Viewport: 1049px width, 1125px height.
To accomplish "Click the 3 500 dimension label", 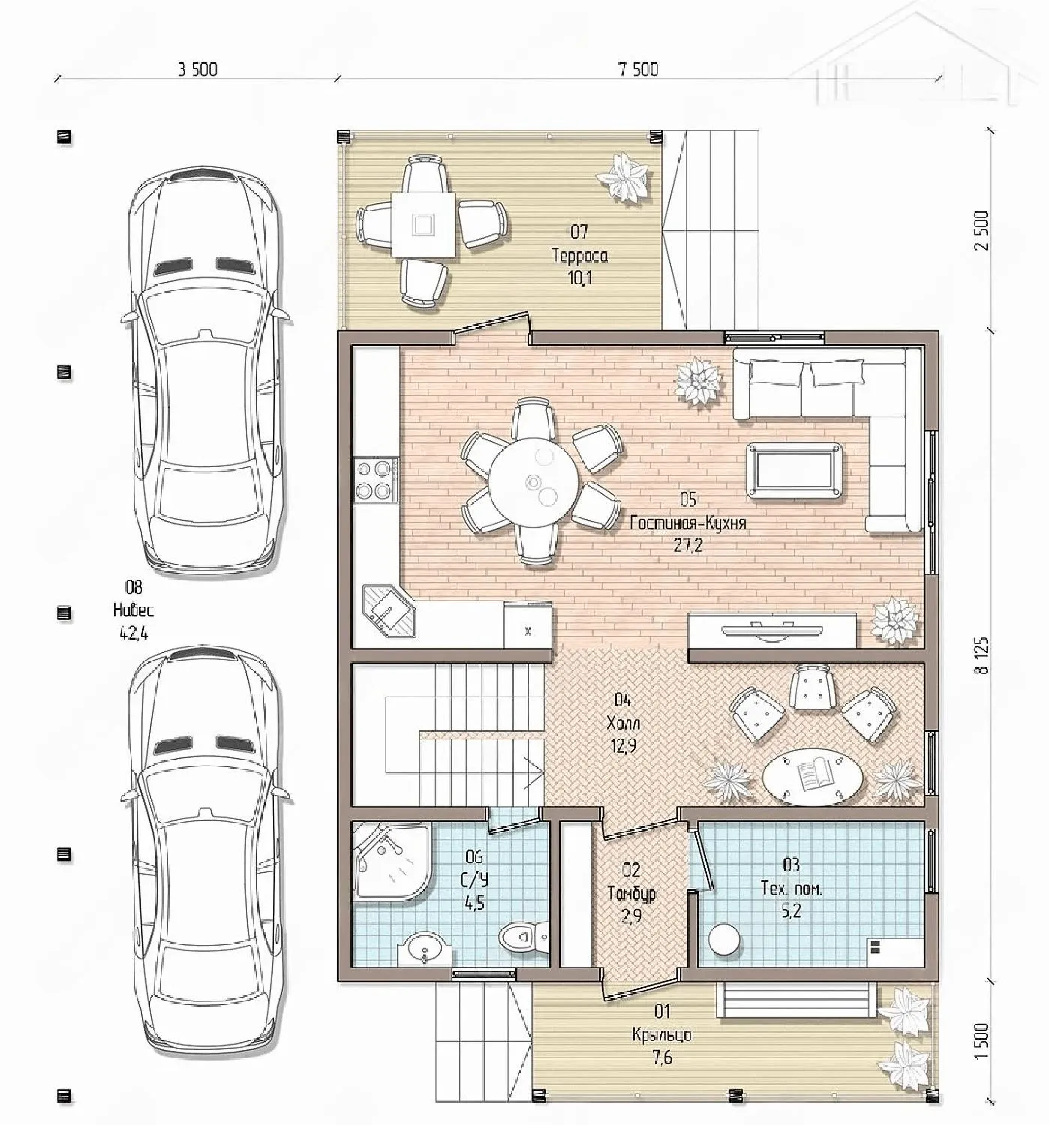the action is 197,69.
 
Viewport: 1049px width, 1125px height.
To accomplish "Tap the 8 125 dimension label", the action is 982,655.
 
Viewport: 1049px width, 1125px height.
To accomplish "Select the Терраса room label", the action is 579,255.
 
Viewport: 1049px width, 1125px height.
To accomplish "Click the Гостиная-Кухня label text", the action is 688,522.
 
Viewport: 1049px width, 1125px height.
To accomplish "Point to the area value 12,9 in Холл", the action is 624,746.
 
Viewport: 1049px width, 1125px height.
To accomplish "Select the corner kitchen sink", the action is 389,610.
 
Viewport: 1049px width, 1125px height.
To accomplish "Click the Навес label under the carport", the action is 134,610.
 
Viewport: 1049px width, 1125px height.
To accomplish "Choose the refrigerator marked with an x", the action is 528,625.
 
